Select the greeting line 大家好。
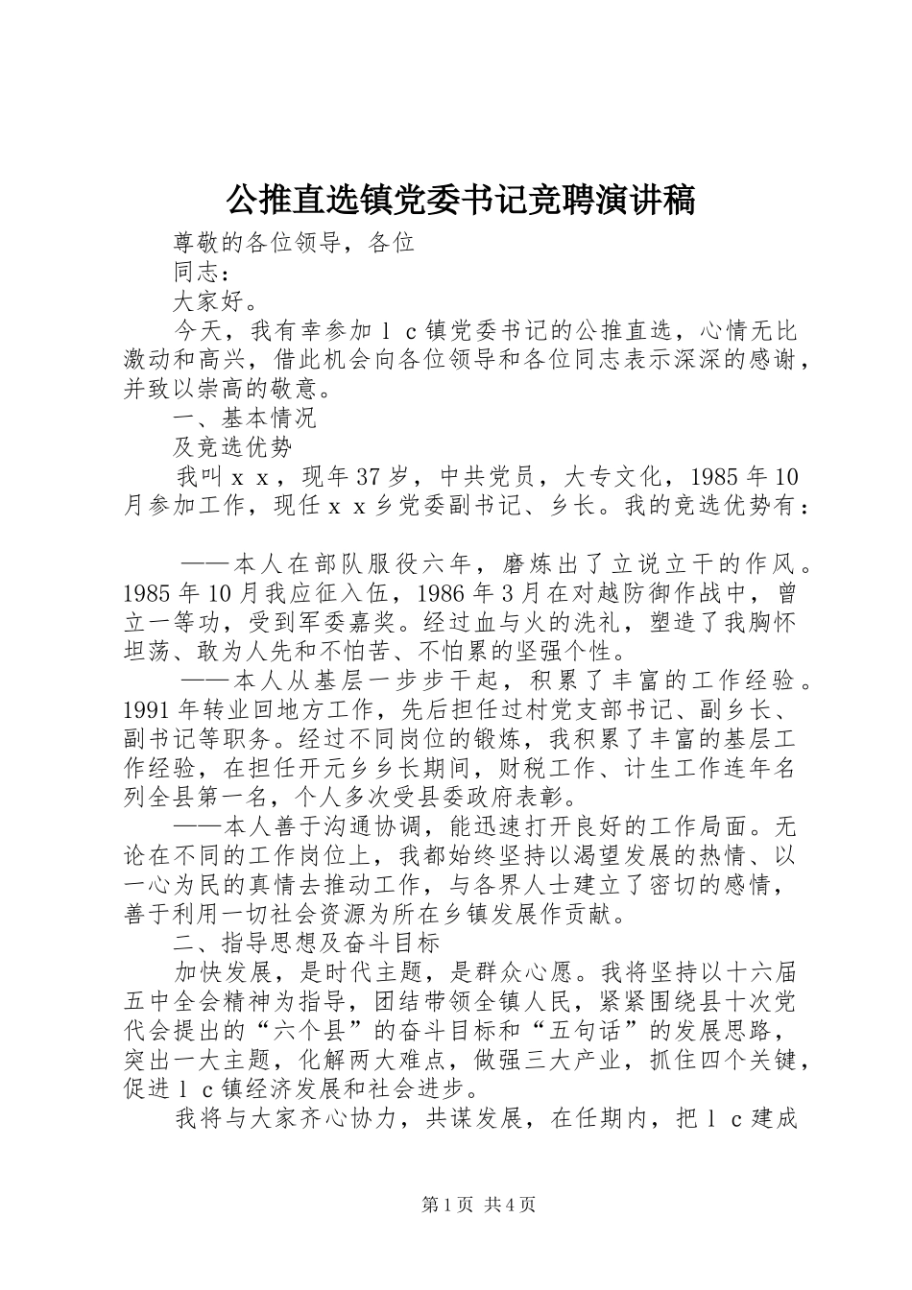pyautogui.click(x=215, y=302)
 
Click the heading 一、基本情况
pyautogui.click(x=244, y=418)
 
